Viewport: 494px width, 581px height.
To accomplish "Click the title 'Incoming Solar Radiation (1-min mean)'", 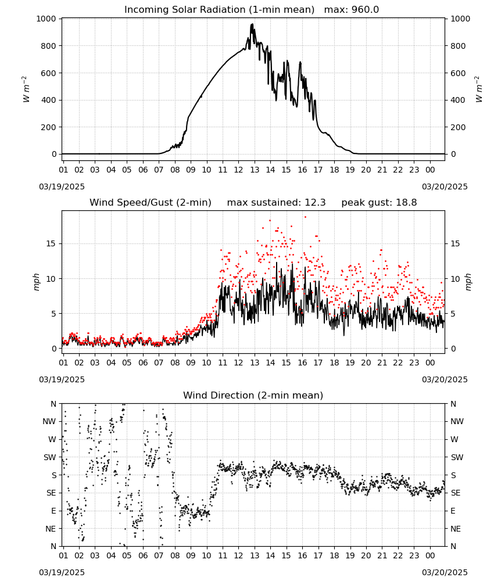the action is click(x=219, y=10).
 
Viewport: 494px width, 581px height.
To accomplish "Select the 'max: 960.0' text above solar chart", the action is click(x=352, y=10).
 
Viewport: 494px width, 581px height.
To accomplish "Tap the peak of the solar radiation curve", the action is click(x=252, y=24).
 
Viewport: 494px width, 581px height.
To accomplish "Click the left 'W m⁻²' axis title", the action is click(x=26, y=89).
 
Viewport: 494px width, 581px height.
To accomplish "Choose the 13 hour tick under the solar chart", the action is click(x=255, y=170).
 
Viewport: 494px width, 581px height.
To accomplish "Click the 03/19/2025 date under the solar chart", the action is click(x=62, y=187).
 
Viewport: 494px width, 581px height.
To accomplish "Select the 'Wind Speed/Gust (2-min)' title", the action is click(x=151, y=203).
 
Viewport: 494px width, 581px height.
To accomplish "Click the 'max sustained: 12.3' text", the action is click(x=276, y=203).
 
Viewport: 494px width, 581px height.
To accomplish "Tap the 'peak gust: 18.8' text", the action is click(x=379, y=203).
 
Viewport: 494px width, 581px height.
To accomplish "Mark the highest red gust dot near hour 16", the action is click(x=305, y=217).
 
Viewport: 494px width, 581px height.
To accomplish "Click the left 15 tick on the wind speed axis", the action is click(x=51, y=243).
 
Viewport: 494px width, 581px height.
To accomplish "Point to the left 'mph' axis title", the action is click(x=36, y=282).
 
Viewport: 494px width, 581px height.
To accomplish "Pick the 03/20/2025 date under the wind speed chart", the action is click(x=445, y=379).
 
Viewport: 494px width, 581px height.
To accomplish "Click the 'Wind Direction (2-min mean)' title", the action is click(x=253, y=395).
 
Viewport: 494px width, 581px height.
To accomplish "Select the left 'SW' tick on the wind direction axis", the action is click(x=50, y=457).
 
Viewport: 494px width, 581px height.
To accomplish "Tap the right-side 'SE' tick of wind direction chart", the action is click(x=456, y=493).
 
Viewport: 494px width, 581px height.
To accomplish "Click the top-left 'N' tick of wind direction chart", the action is click(x=53, y=404).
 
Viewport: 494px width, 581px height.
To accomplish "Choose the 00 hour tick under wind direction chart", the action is click(x=430, y=555).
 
